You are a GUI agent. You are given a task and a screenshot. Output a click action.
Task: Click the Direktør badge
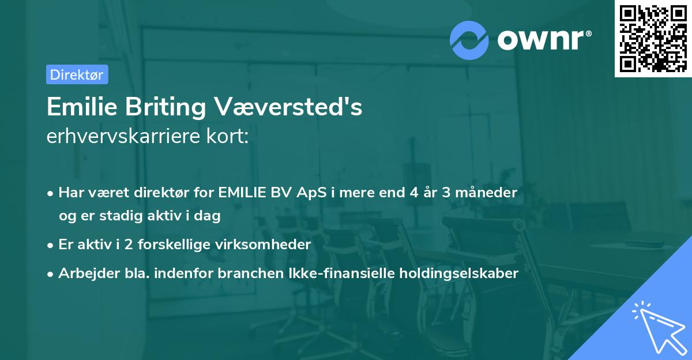point(77,74)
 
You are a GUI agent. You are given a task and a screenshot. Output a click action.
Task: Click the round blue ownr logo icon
point(469,40)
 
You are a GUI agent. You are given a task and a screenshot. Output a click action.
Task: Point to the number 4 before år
point(413,192)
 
